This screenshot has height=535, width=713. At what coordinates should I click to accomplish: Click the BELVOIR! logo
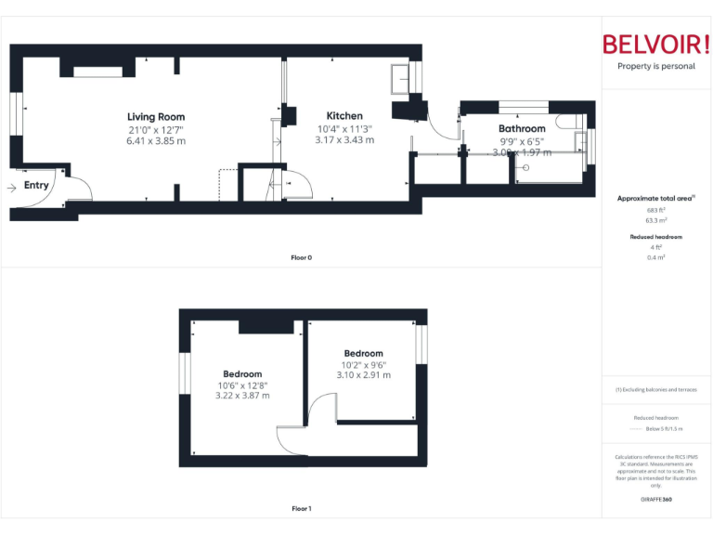click(656, 45)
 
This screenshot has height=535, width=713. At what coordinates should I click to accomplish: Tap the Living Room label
click(156, 117)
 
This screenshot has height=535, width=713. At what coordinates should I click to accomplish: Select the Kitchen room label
click(344, 116)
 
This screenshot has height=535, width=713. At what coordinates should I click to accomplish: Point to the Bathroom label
click(522, 129)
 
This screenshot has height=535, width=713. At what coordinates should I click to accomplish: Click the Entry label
click(36, 186)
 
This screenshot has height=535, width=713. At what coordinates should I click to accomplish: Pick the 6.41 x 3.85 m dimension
click(156, 141)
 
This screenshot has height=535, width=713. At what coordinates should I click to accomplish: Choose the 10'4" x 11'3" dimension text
click(344, 128)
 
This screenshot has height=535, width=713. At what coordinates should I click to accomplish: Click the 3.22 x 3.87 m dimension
click(242, 396)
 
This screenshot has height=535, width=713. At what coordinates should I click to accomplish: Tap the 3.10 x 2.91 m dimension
click(363, 375)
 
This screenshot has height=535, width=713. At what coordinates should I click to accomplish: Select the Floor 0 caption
click(302, 257)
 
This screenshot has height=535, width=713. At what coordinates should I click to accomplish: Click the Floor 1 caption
click(302, 508)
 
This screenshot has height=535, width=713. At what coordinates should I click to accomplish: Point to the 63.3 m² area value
click(655, 221)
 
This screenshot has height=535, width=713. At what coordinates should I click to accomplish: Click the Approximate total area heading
click(655, 199)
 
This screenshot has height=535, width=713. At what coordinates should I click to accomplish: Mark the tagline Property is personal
click(656, 67)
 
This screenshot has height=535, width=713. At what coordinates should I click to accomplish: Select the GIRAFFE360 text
click(655, 501)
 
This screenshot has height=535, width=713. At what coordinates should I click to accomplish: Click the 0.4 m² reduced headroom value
click(655, 257)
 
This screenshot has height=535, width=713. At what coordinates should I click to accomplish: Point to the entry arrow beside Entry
click(11, 187)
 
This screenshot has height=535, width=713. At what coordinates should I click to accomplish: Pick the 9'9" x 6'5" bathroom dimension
click(521, 141)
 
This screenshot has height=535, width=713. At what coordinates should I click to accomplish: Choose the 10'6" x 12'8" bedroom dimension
click(242, 385)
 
